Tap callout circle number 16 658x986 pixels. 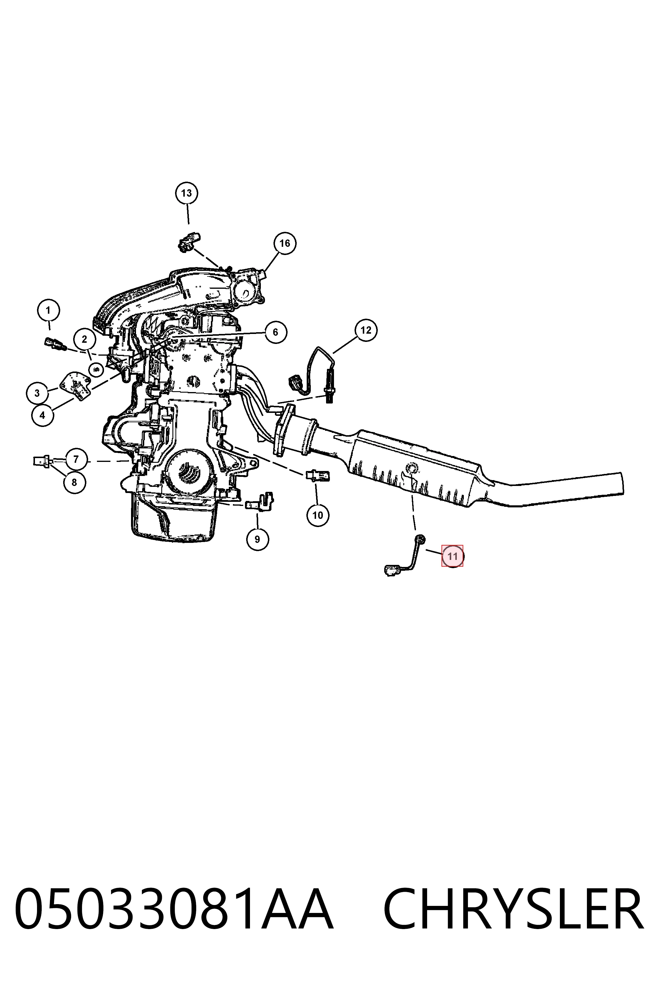(x=285, y=243)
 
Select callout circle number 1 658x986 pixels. (x=48, y=311)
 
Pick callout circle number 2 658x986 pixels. (x=84, y=339)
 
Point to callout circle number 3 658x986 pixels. (x=37, y=393)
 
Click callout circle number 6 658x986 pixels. (x=275, y=332)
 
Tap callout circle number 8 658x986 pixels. (x=75, y=482)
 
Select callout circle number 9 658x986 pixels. (x=257, y=539)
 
